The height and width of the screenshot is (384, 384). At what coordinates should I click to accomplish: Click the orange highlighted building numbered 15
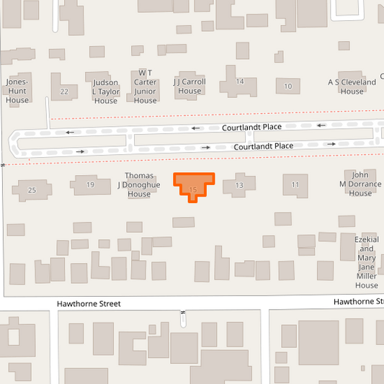tap(193, 184)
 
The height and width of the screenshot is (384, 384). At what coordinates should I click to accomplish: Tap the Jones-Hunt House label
tap(17, 91)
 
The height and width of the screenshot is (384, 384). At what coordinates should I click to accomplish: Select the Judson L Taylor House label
tap(106, 91)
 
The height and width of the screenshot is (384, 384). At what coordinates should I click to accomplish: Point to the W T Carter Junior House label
tap(146, 86)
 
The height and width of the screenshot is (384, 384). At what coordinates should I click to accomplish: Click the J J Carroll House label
tap(189, 86)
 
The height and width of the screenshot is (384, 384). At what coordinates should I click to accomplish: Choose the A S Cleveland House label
tap(352, 86)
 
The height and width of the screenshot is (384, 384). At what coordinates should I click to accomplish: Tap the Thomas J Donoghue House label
tap(139, 184)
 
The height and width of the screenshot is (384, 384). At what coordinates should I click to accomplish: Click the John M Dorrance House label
tap(360, 184)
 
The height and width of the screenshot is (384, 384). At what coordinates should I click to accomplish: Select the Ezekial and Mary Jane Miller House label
tap(366, 262)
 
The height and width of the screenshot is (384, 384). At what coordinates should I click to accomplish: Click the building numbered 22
tap(65, 91)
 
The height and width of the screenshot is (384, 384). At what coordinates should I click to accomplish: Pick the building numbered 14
tap(240, 81)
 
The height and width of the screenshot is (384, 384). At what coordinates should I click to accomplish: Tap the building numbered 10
tap(288, 86)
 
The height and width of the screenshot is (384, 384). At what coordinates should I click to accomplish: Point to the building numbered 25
tap(32, 190)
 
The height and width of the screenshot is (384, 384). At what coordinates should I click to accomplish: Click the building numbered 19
tap(90, 185)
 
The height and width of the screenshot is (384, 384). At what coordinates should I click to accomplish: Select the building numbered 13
tap(239, 186)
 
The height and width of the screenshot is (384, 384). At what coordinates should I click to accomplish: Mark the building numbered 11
tap(295, 185)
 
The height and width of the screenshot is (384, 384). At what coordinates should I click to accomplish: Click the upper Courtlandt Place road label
tap(251, 127)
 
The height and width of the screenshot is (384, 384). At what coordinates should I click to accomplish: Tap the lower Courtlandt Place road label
tap(264, 146)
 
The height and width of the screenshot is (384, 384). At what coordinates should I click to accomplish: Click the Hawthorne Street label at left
tap(89, 304)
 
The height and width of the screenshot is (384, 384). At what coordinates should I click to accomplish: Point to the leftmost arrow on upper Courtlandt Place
tap(70, 132)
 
